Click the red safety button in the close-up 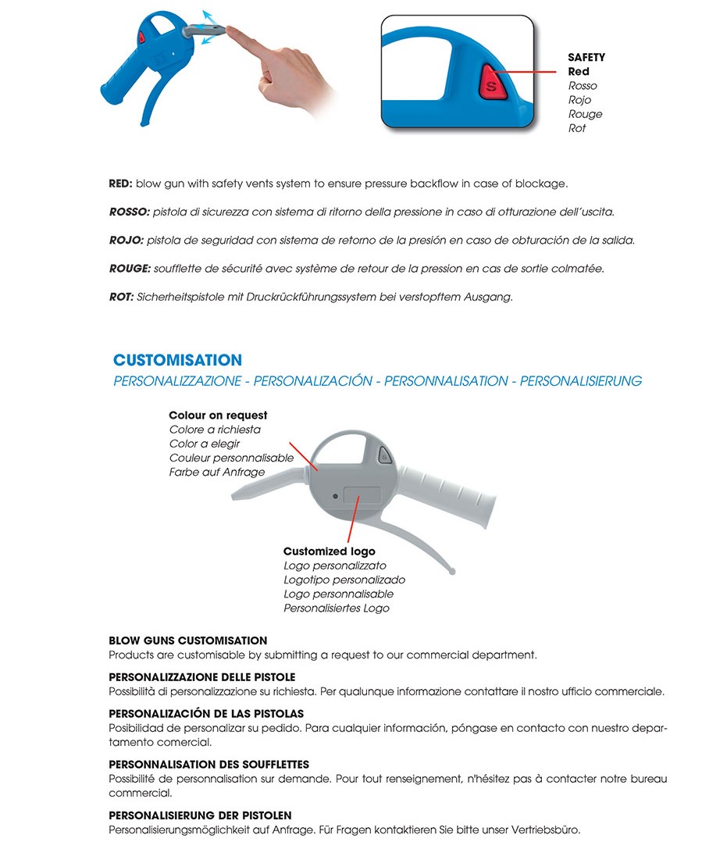[490, 84]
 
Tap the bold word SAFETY [586, 58]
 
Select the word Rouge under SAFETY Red [585, 114]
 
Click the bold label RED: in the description [121, 184]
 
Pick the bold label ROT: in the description [121, 297]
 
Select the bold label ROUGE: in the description [128, 269]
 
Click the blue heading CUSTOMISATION [177, 360]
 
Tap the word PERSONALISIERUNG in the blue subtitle [580, 381]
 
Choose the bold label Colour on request [218, 416]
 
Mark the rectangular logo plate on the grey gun [361, 496]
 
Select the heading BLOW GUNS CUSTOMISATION [187, 641]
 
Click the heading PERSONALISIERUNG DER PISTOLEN [200, 815]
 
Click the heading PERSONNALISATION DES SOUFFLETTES [208, 765]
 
